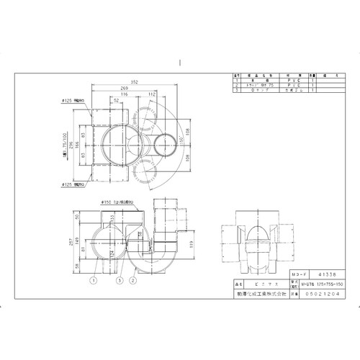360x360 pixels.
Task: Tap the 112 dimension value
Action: (x=153, y=94)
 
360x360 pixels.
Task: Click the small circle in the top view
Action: (x=166, y=143)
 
